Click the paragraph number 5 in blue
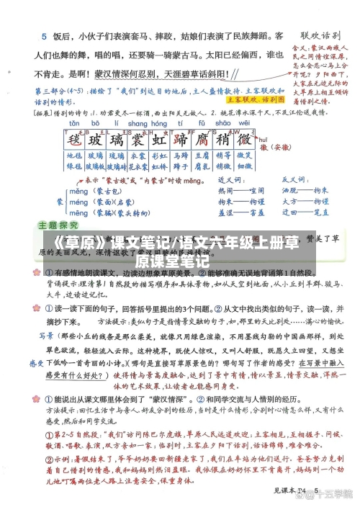[44, 35]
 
